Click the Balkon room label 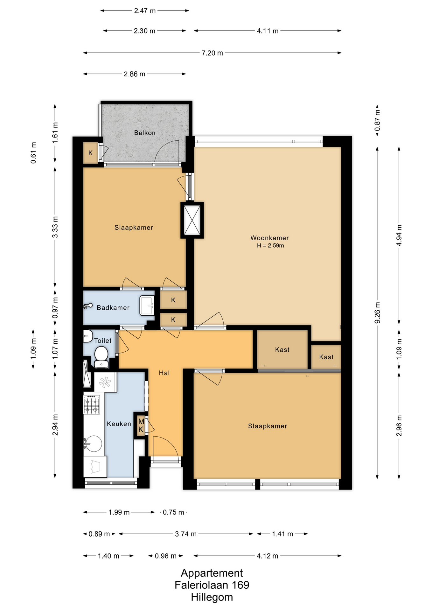(x=145, y=133)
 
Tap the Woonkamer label (x=269, y=238)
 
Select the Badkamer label (x=113, y=308)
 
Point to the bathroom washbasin (x=147, y=305)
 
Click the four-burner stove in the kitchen (x=92, y=404)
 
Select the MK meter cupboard (x=141, y=426)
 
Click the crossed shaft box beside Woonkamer (x=192, y=220)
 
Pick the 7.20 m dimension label (x=212, y=53)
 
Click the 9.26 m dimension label (x=377, y=313)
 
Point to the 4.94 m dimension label (x=399, y=235)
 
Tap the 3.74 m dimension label (x=186, y=534)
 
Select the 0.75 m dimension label (x=173, y=512)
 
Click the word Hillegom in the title (x=212, y=597)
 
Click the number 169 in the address (x=240, y=585)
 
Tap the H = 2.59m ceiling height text (x=270, y=246)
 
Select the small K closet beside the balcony (x=91, y=153)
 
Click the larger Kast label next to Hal (x=282, y=350)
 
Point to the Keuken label (x=119, y=424)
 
